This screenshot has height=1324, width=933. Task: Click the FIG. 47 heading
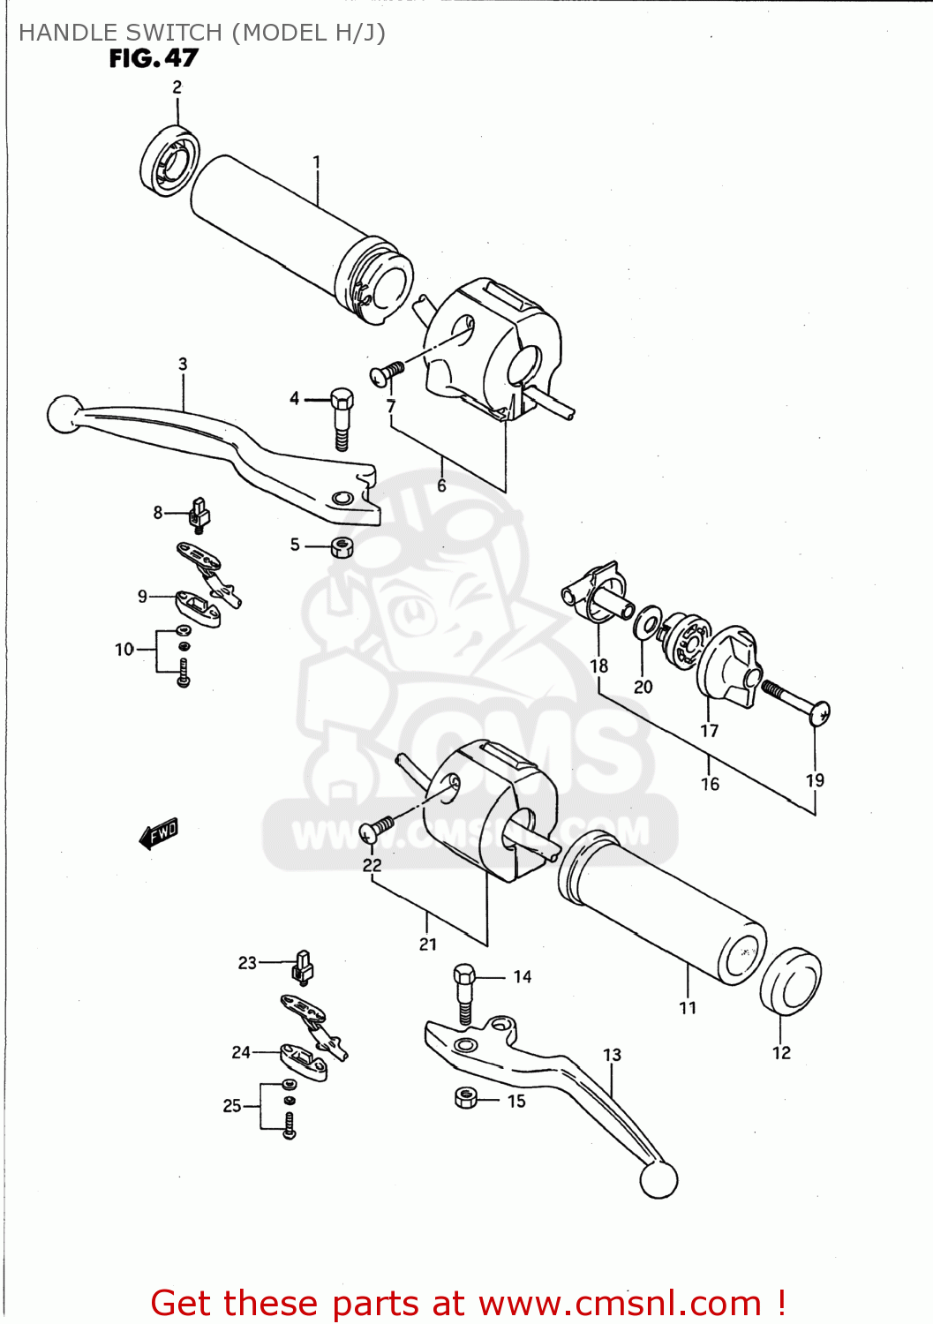point(154,58)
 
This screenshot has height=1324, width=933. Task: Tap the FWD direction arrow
point(159,832)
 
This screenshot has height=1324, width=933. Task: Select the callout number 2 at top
point(177,87)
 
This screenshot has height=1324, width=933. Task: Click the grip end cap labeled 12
point(790,982)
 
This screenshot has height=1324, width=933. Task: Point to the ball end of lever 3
point(64,415)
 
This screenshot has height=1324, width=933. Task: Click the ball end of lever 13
point(658,1180)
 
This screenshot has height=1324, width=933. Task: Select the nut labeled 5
point(342,547)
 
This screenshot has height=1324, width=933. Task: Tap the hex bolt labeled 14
point(464,992)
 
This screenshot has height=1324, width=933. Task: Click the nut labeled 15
point(466,1097)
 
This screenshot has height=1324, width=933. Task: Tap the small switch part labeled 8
point(199,515)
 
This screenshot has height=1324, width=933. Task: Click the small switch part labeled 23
point(302,967)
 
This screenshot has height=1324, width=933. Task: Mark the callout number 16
point(710,784)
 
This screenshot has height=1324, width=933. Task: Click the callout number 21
point(428,944)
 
